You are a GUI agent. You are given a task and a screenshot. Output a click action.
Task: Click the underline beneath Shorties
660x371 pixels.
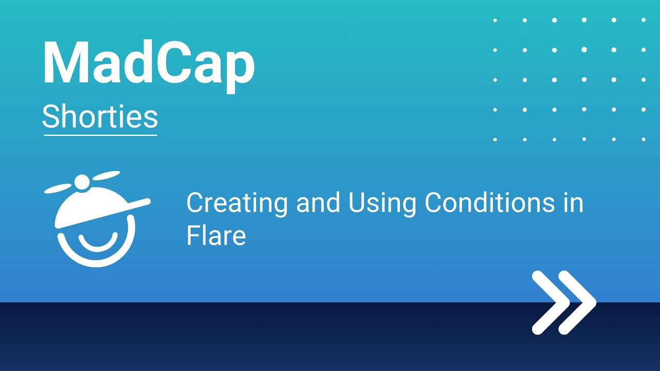(100, 135)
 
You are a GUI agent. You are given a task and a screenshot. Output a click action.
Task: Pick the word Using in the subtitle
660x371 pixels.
(382, 203)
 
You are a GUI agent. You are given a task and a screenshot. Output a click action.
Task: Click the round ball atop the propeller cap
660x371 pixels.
(82, 181)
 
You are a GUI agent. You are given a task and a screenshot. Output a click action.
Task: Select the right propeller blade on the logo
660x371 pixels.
(105, 175)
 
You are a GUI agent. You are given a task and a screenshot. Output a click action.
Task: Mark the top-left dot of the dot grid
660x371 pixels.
(495, 20)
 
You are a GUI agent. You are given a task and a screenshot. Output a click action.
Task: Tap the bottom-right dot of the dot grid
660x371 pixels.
(643, 139)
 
